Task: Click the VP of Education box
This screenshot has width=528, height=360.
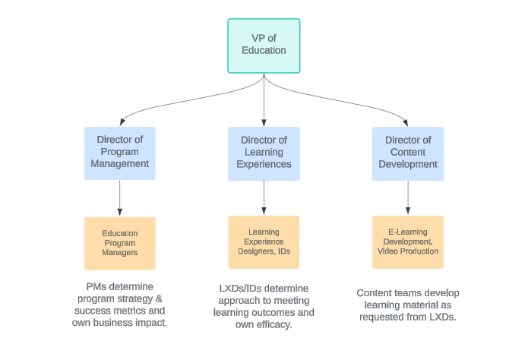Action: coord(264,46)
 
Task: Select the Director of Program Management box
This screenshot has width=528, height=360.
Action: coord(119,153)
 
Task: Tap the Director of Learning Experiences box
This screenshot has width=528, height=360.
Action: coord(264,153)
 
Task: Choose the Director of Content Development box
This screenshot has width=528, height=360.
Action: coord(408,153)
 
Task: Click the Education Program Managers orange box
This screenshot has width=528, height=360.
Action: coord(119,243)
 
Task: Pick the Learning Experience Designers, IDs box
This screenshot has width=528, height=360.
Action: coord(264,242)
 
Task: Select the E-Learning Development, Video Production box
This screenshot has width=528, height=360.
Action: coord(408,242)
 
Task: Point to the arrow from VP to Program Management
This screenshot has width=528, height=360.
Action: coord(175,100)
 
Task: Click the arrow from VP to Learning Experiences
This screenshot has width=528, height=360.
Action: coord(264,99)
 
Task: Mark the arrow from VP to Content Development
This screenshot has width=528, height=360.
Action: coord(353,100)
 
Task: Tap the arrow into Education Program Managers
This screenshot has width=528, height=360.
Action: coord(119,199)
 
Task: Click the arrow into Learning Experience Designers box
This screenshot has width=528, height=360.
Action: coord(264,198)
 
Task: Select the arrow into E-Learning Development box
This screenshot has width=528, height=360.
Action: coord(408,198)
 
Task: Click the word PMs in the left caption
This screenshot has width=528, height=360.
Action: coord(95,286)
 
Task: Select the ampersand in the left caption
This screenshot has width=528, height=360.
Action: coord(160,298)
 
